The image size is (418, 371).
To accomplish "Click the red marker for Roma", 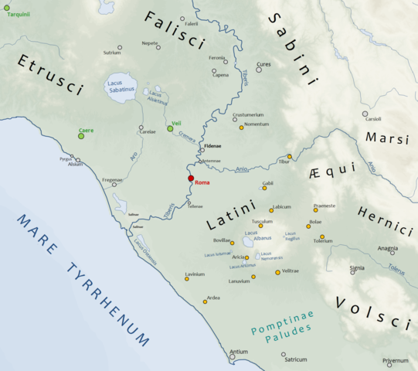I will click(191, 179).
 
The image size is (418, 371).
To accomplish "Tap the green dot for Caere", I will click(81, 136).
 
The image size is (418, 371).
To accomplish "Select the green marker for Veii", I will click(170, 128).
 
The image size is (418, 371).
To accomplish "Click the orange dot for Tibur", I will click(290, 156).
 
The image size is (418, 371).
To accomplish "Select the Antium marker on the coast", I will click(232, 357).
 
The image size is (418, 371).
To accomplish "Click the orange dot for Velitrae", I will click(277, 272).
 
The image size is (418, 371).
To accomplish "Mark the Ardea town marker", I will click(205, 301).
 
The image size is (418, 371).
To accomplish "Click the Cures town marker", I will click(259, 70).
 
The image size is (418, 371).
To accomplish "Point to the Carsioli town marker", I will click(365, 114).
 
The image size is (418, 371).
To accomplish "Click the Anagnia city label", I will click(387, 248).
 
